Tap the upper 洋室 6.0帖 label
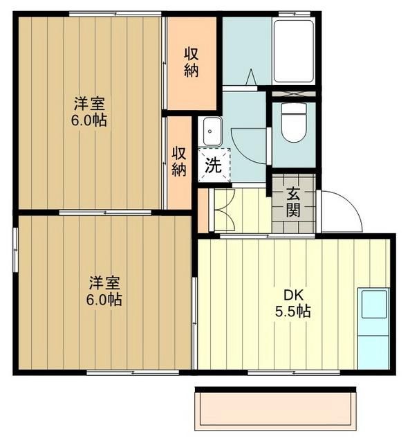pos(90,111)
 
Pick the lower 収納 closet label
pos(179,161)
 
